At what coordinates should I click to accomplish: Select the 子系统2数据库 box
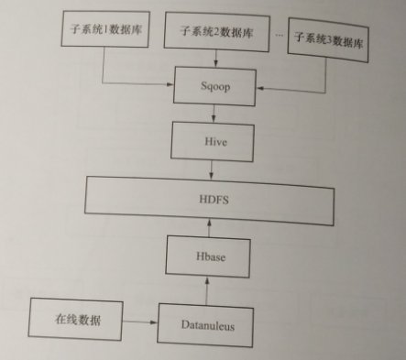point(214,29)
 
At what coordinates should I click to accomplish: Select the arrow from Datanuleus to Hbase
point(207,290)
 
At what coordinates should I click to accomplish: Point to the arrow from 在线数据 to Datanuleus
point(137,322)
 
